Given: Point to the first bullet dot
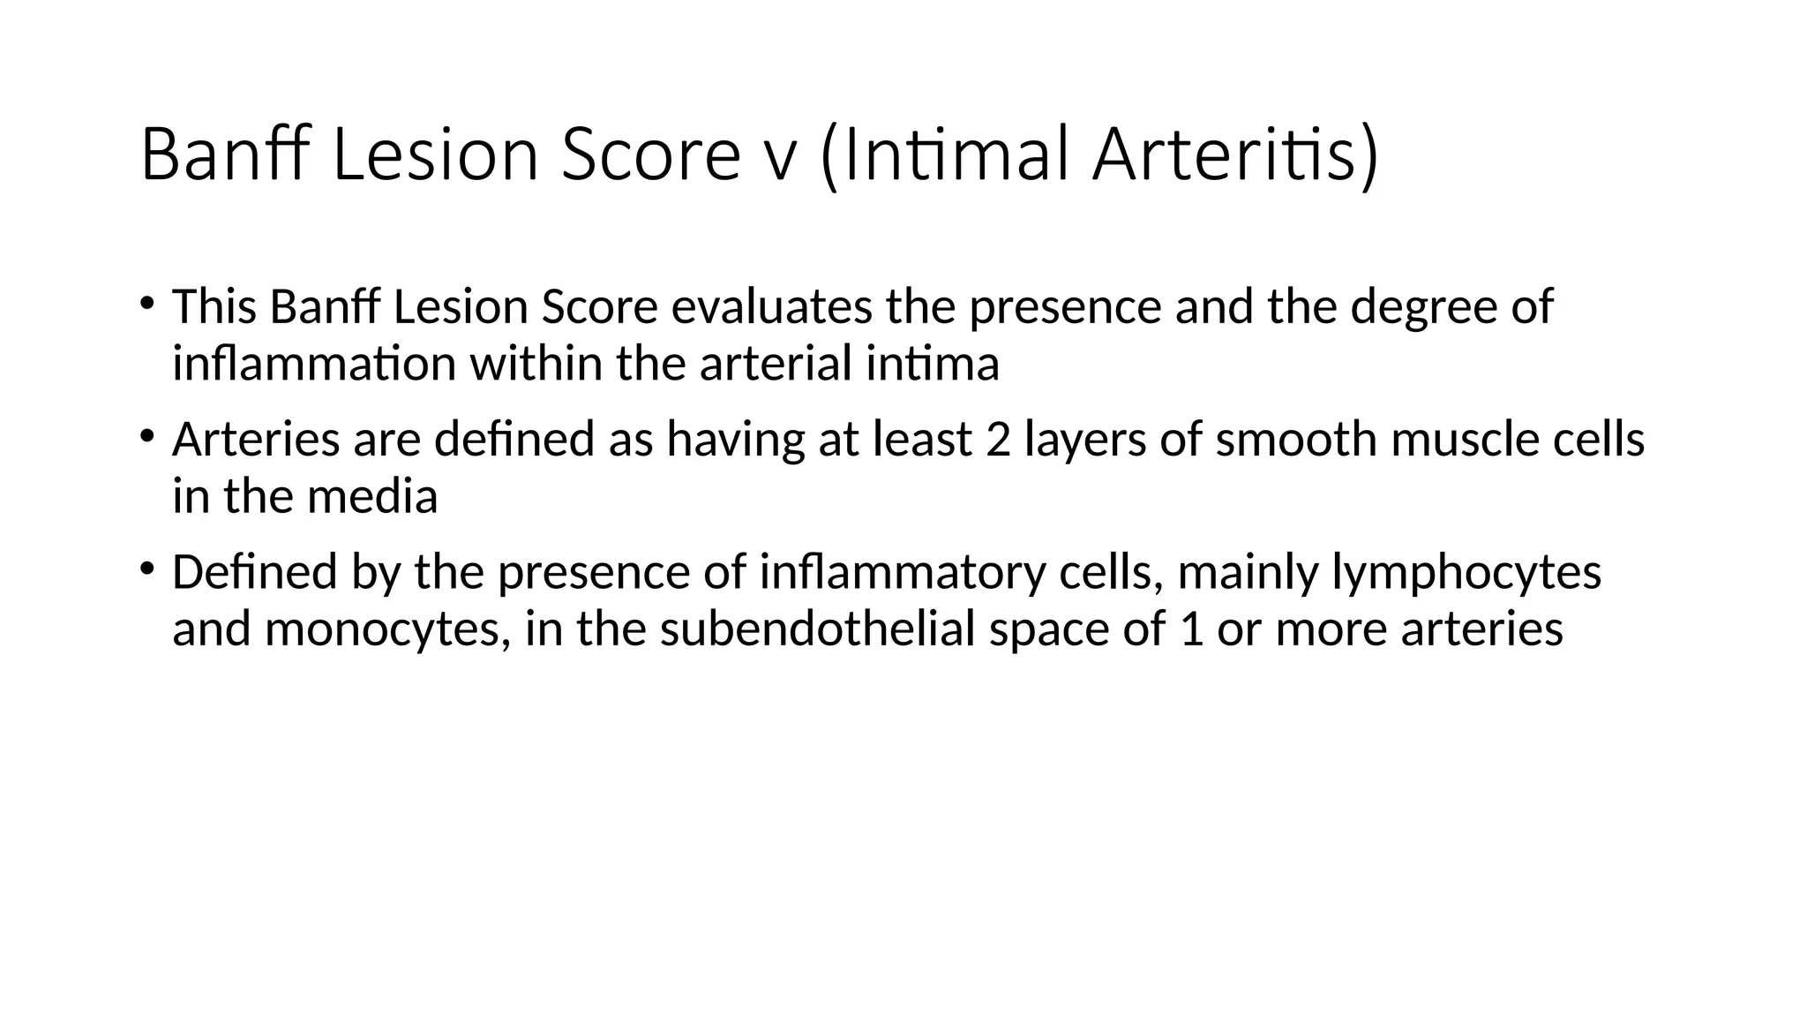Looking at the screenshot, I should (x=146, y=304).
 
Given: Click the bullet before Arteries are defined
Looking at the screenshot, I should (x=146, y=436).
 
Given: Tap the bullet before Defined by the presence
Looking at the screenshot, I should (x=146, y=569).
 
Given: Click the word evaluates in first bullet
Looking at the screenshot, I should (x=772, y=307).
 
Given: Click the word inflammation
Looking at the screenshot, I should (x=313, y=364).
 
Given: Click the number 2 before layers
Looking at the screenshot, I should (x=998, y=440).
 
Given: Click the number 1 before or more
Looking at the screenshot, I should (x=1191, y=629).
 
